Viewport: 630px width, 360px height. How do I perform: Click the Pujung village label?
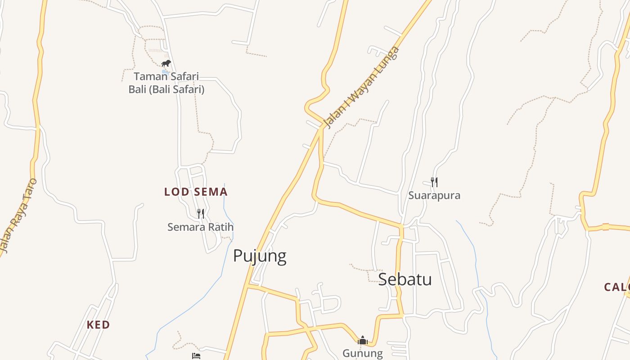(x=260, y=256)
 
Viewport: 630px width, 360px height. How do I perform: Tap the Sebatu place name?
(x=405, y=279)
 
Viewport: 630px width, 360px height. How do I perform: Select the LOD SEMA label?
(x=196, y=192)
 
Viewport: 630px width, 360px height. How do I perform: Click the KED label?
(x=98, y=325)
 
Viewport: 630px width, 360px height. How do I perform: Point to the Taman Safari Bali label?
(x=166, y=83)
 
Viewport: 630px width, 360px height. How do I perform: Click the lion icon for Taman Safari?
(x=166, y=63)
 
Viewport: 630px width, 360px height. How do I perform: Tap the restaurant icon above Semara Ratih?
(x=201, y=213)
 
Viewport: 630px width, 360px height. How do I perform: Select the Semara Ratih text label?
(x=200, y=227)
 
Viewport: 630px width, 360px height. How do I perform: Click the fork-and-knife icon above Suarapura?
(x=434, y=182)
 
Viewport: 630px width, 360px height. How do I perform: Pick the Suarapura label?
(x=434, y=195)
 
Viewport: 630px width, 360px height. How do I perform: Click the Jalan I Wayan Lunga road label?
(x=361, y=87)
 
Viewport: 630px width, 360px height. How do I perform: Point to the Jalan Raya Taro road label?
(x=17, y=216)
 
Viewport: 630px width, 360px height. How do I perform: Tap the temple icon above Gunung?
(x=363, y=341)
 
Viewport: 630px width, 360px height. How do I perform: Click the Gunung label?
(x=363, y=353)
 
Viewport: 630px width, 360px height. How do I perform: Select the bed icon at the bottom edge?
(x=196, y=356)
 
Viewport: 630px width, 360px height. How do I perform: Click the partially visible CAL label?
(x=616, y=287)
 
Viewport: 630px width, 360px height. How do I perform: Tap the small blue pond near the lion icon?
(x=166, y=72)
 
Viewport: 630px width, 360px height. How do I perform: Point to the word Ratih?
(x=220, y=227)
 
